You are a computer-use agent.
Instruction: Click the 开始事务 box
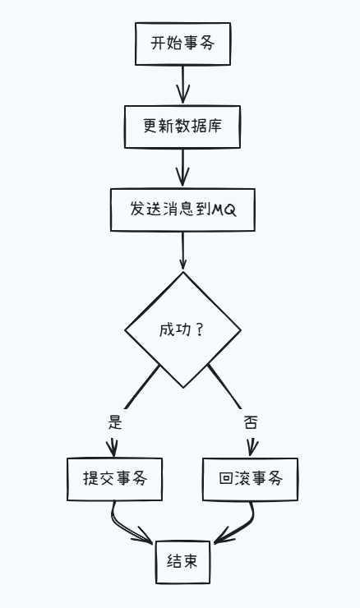182,44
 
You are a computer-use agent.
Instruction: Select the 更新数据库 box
182,127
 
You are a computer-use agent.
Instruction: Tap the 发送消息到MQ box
182,210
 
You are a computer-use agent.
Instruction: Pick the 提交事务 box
114,479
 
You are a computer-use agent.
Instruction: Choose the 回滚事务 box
251,479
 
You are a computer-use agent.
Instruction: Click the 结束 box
182,563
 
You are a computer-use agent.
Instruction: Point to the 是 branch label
115,423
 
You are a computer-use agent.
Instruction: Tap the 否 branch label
251,423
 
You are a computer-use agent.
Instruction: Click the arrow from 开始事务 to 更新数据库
182,85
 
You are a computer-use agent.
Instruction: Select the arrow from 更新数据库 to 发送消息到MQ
182,168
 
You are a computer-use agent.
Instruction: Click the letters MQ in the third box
224,210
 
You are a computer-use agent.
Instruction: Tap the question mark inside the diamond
200,330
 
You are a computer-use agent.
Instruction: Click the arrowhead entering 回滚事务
252,449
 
